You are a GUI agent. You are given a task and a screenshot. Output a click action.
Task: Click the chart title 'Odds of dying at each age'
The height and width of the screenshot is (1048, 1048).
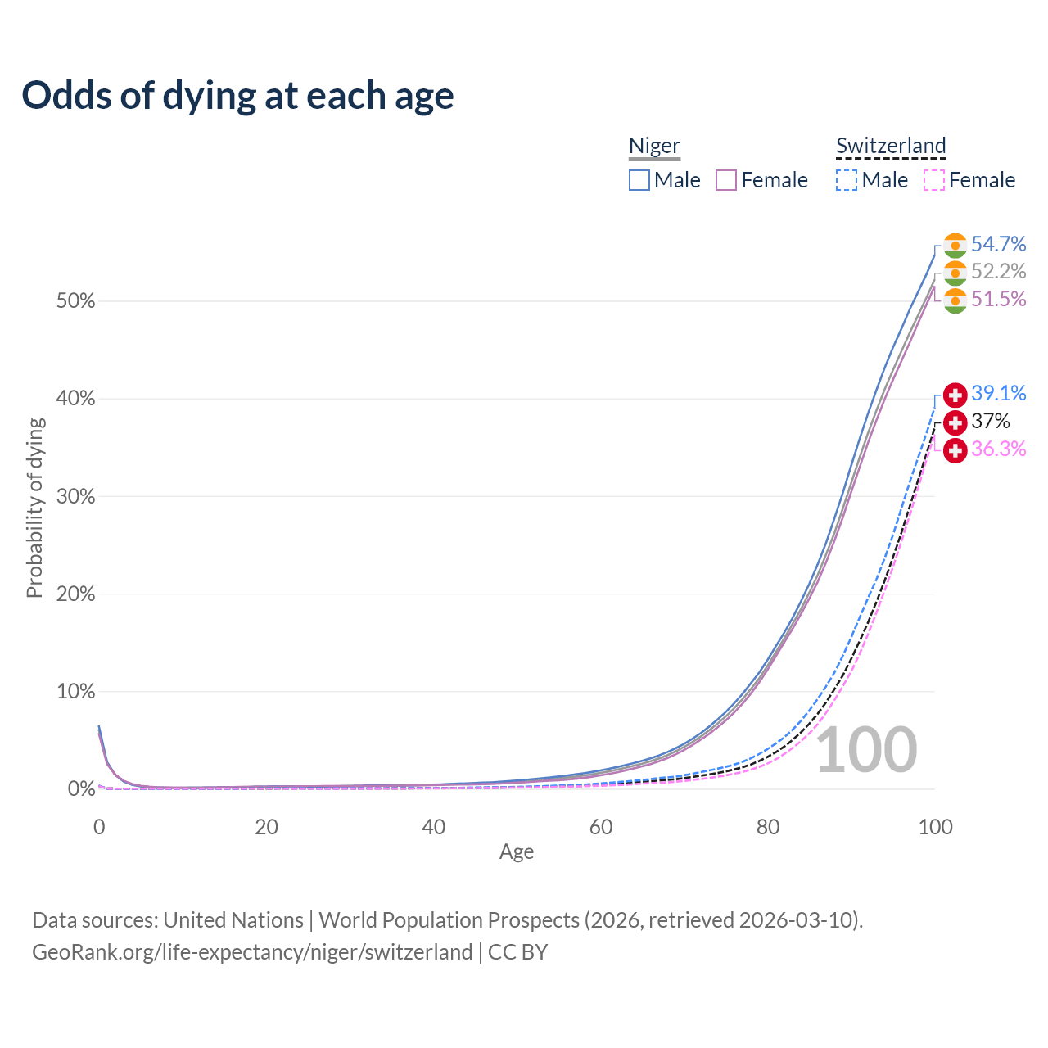(x=237, y=96)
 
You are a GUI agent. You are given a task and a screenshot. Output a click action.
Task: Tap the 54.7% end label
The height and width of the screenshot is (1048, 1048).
(x=998, y=244)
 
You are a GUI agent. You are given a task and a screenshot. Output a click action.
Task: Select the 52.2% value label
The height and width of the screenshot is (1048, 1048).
(x=998, y=271)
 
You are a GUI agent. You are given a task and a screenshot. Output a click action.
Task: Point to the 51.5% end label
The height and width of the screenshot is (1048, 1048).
(x=998, y=299)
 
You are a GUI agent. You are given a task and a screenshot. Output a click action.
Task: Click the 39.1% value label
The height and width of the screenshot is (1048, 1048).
(x=998, y=393)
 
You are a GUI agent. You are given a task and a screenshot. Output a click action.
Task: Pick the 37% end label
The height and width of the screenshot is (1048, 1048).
(x=990, y=422)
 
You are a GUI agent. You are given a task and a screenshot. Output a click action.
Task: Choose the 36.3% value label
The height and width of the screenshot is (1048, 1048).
(x=998, y=449)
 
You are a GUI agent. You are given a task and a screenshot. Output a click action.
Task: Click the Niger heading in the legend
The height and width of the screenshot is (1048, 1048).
(x=654, y=146)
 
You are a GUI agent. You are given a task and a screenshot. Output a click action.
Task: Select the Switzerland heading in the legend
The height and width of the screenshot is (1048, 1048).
(x=891, y=146)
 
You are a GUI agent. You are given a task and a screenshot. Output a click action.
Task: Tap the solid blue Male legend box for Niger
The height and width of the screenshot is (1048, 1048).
(x=639, y=180)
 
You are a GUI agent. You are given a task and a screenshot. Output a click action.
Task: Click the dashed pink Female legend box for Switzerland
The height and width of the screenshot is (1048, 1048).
(x=934, y=180)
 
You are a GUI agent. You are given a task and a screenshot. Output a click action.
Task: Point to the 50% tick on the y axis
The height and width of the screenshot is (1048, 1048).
(x=76, y=301)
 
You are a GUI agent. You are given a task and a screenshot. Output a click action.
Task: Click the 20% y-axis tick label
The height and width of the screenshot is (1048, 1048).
(x=76, y=594)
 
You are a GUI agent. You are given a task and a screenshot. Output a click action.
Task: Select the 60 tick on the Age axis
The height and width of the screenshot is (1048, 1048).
(x=601, y=827)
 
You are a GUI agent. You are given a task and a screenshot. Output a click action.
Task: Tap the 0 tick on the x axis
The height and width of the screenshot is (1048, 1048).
(x=99, y=827)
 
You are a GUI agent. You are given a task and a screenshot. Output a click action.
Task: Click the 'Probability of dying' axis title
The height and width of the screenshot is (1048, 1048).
(x=34, y=508)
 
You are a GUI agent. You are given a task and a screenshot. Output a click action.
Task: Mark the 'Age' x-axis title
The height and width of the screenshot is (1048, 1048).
(x=517, y=852)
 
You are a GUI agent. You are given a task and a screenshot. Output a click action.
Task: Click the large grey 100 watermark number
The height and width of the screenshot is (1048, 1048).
(x=866, y=749)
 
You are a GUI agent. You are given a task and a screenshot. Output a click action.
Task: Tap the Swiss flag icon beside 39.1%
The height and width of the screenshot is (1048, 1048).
(x=955, y=395)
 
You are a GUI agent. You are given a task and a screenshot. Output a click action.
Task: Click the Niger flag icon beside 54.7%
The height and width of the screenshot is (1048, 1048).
(x=955, y=246)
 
